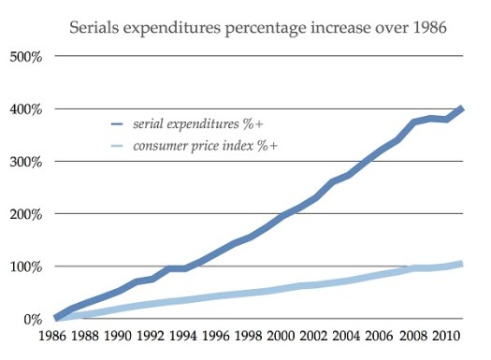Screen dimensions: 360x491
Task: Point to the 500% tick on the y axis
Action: click(24, 57)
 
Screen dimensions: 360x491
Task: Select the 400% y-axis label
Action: click(24, 109)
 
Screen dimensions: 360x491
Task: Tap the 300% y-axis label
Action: click(24, 162)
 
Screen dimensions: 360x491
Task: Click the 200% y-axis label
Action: click(24, 214)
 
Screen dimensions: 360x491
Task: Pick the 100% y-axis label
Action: click(24, 266)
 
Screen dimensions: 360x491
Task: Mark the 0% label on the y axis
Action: click(31, 319)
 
